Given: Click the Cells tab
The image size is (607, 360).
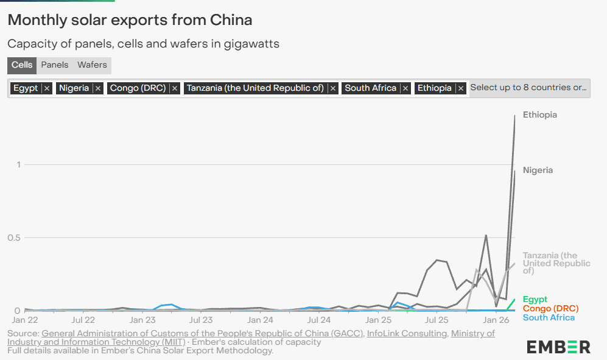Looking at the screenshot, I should point(22,65).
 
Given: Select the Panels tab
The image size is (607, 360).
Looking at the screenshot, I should point(55,65).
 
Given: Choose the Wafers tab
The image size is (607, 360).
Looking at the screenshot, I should point(92,65).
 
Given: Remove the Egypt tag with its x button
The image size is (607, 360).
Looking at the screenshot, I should point(47,88).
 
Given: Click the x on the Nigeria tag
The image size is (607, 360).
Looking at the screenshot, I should point(98,88).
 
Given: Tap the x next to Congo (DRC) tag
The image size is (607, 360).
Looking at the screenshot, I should point(175,88).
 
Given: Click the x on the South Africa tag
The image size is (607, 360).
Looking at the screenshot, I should point(405,88).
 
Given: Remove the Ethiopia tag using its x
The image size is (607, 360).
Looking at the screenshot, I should point(461,88).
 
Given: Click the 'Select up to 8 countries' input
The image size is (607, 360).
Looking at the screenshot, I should point(528,88).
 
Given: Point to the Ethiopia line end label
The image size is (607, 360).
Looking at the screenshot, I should point(539,115).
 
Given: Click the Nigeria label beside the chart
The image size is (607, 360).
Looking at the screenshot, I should point(538,170).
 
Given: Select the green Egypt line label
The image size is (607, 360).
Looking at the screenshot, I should point(535,299).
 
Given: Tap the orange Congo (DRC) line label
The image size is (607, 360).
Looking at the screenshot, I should point(550,308).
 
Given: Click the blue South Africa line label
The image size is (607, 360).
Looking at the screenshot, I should point(548,317).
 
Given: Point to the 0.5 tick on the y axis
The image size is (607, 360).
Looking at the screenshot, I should point(13,238).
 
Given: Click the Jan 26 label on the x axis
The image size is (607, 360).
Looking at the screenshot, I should point(496,319).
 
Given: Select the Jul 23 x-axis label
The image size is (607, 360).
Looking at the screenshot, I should point(201,319).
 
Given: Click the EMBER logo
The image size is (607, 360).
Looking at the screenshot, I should point(558,347).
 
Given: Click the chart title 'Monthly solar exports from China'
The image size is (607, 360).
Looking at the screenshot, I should point(130,19).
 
